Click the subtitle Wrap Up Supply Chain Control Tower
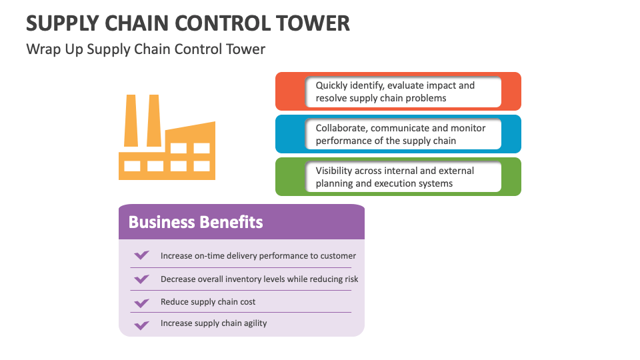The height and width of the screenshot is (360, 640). click(145, 49)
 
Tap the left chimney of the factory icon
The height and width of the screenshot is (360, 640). click(131, 120)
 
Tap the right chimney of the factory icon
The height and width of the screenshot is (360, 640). click(153, 120)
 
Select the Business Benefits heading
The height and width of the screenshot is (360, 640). click(195, 222)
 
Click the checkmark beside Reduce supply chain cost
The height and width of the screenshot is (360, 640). click(141, 302)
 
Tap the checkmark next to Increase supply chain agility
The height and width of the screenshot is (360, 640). click(141, 325)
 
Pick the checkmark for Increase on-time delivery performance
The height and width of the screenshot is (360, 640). click(141, 255)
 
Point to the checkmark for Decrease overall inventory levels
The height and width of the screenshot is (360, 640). click(141, 279)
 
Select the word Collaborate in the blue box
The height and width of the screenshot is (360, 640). click(341, 128)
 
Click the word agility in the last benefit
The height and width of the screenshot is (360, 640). click(253, 323)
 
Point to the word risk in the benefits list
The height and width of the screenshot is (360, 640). click(351, 279)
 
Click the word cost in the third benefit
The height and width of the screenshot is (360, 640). click(247, 302)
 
